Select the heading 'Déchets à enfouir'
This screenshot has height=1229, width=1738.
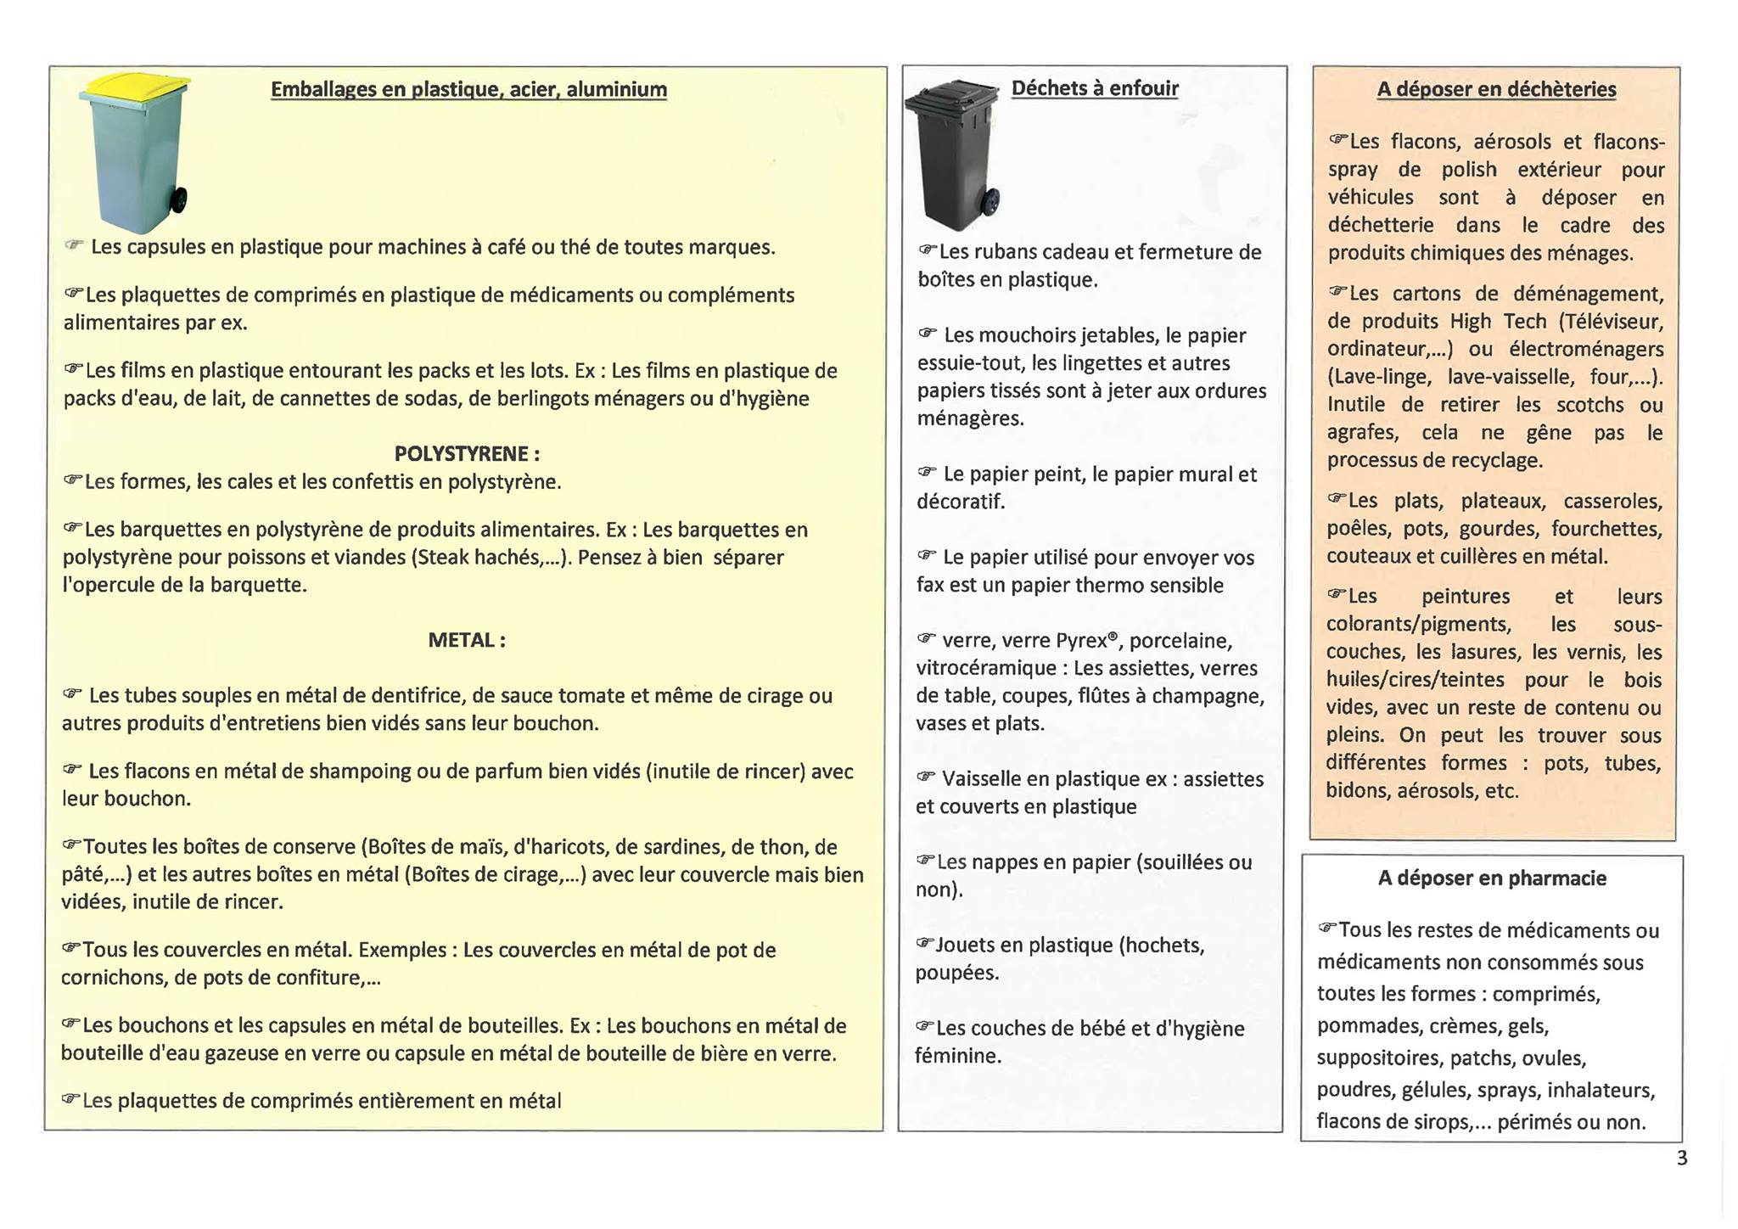[x=1095, y=88]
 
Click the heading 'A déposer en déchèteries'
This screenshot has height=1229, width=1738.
[x=1496, y=90]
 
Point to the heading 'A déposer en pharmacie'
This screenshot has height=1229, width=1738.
[x=1492, y=878]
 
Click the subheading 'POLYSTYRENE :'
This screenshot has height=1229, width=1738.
[x=467, y=454]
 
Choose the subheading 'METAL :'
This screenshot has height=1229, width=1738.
[x=467, y=641]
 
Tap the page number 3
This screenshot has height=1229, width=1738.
[x=1682, y=1159]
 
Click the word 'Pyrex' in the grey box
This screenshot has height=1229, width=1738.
[x=1081, y=641]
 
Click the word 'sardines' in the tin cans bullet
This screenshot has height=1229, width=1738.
[x=686, y=848]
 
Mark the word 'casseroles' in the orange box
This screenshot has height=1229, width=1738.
[x=1612, y=502]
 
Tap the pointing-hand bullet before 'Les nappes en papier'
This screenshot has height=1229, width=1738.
[x=925, y=861]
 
